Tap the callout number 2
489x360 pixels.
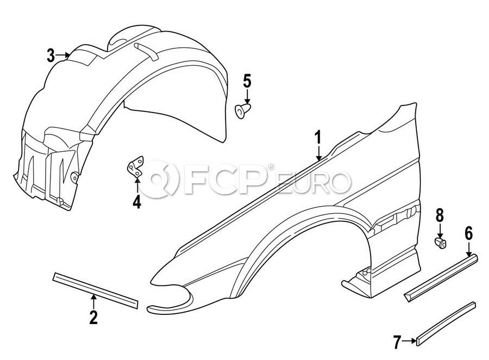(x=93, y=316)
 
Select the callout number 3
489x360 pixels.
(x=51, y=55)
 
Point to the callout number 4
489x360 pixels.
(x=136, y=201)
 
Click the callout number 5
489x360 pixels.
(x=247, y=81)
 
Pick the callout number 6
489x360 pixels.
(x=469, y=233)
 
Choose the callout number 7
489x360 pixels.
(x=397, y=342)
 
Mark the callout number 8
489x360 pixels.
(x=440, y=215)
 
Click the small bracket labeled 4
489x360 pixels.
(x=136, y=167)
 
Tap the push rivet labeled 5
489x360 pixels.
(x=242, y=111)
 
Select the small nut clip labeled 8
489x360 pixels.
(x=440, y=243)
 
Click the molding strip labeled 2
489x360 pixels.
(x=95, y=290)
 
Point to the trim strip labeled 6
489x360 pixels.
(x=441, y=277)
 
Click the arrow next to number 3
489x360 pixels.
(x=63, y=55)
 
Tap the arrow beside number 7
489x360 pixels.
(x=409, y=342)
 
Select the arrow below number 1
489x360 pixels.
(x=318, y=154)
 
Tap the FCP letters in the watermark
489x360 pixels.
(x=224, y=178)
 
